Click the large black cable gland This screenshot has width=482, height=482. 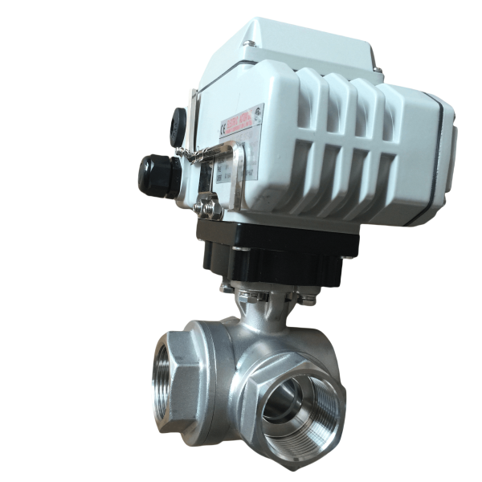click(154, 174)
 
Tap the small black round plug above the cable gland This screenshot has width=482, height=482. click(178, 126)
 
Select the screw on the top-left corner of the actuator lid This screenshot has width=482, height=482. click(251, 43)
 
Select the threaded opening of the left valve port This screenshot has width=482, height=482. click(163, 377)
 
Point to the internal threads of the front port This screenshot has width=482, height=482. click(309, 422)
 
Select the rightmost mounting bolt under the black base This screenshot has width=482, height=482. click(309, 299)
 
